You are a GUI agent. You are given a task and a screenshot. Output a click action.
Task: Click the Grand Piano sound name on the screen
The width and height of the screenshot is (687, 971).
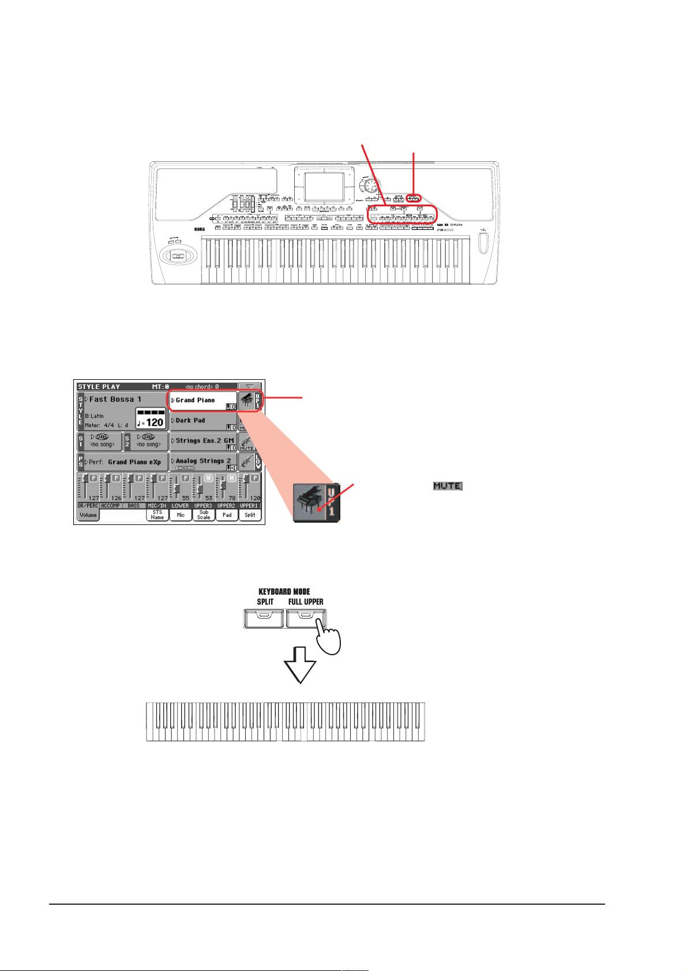click(x=195, y=400)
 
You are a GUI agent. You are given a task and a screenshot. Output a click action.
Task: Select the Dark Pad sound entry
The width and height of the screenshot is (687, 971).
click(x=190, y=421)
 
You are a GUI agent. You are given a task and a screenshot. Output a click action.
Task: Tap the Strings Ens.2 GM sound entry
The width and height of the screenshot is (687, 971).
click(x=204, y=441)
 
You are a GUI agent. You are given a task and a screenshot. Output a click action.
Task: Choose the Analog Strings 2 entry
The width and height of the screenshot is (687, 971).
click(x=203, y=461)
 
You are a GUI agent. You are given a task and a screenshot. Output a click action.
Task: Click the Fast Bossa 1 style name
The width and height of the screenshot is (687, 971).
click(x=115, y=399)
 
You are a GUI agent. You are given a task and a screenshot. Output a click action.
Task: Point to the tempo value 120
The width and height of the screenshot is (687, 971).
click(x=153, y=422)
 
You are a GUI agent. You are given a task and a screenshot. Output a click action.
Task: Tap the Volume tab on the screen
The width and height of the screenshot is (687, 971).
click(x=88, y=515)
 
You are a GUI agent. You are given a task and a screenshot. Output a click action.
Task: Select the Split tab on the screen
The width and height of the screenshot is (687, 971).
click(x=250, y=515)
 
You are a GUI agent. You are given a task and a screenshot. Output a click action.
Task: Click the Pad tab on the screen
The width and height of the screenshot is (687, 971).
click(x=227, y=515)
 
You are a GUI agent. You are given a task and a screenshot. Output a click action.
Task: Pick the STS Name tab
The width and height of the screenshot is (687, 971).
click(x=157, y=515)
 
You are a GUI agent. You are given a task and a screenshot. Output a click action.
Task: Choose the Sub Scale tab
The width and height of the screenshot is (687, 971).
click(x=204, y=515)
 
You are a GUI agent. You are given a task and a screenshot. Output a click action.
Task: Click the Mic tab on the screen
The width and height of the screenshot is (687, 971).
click(x=181, y=515)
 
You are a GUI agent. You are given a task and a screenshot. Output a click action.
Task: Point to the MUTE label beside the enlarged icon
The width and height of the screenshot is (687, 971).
click(x=448, y=486)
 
